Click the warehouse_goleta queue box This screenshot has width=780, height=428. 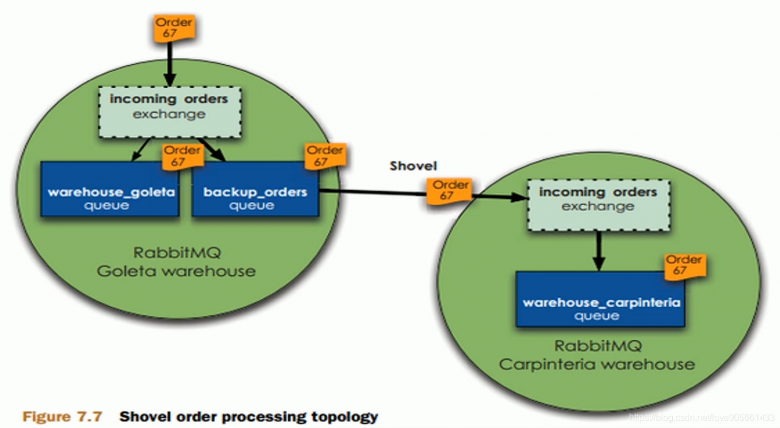point(110,198)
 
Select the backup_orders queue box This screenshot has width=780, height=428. point(255,198)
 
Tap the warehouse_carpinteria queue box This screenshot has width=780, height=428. point(600,308)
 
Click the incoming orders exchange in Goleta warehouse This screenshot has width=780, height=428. point(169,112)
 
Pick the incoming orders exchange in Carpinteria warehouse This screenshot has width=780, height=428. point(598,204)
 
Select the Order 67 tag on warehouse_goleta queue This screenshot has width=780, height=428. point(182,156)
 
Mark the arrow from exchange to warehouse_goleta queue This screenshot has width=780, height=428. point(141,149)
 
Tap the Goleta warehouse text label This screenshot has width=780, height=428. point(176,271)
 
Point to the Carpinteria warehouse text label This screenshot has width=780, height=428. point(597,364)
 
